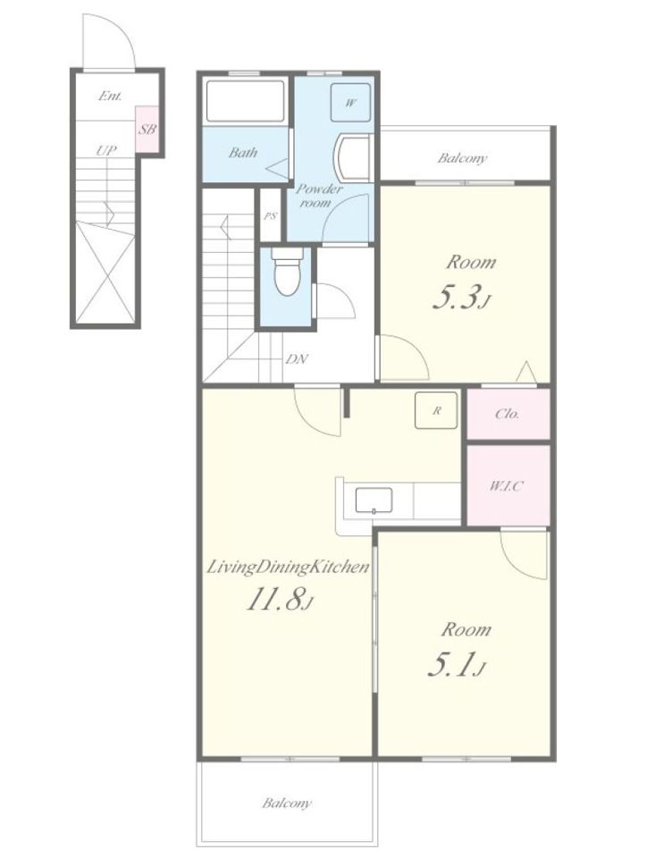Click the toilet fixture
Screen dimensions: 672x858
coord(287,272)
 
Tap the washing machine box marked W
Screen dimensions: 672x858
coord(350,102)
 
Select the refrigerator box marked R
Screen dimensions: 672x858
coord(436,410)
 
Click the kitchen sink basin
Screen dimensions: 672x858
coord(374,500)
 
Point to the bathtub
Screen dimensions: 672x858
coord(246,101)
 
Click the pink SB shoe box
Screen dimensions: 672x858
coord(147,130)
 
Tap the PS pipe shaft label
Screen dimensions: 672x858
coord(271,216)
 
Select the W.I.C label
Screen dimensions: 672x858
coord(506,485)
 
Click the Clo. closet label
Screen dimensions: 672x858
coord(507,414)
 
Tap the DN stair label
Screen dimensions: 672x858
coord(297,359)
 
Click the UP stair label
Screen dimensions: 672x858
coord(106,150)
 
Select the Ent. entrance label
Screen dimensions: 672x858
coord(110,96)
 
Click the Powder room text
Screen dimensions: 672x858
coord(318,196)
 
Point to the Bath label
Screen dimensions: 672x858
coord(243,152)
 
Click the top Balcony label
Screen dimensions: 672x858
coord(462,158)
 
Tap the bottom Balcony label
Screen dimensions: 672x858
coord(287,803)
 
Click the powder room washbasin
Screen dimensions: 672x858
coord(354,157)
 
